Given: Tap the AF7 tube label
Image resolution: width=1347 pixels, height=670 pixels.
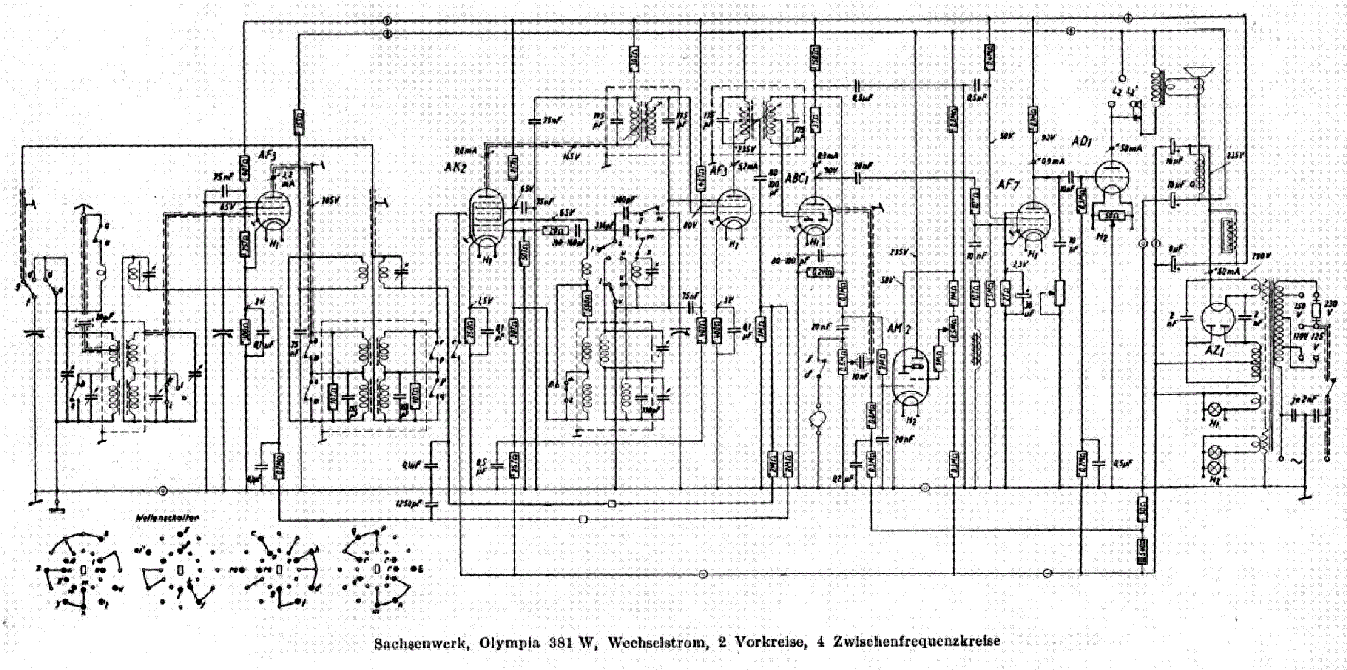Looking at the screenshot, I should point(1008,185).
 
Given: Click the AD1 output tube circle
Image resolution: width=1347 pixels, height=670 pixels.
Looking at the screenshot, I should point(1112,177).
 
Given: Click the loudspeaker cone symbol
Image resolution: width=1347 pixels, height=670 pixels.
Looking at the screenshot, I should point(1199,73).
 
